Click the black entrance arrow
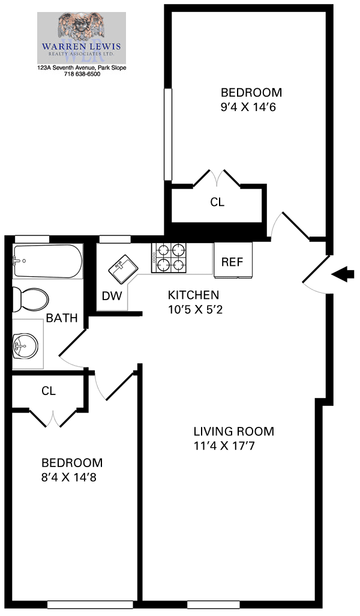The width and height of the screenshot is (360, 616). tap(343, 275)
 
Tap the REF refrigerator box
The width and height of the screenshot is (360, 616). tap(233, 261)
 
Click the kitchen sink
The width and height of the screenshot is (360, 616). tap(124, 267)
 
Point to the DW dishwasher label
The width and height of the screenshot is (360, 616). tap(112, 296)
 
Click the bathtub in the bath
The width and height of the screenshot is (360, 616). tap(46, 261)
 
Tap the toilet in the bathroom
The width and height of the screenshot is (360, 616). tap(31, 298)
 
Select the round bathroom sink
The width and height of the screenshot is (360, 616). tap(25, 345)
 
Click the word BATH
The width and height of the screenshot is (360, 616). tap(62, 318)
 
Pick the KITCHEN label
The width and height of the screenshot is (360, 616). tap(193, 295)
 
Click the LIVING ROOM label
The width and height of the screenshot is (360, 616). tap(233, 431)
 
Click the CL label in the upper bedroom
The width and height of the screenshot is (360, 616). tap(217, 202)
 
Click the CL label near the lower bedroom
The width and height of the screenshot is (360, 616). tap(49, 391)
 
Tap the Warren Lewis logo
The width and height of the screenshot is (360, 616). tap(82, 38)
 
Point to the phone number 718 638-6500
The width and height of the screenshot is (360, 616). tap(82, 74)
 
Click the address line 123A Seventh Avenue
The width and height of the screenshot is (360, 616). tap(82, 68)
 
